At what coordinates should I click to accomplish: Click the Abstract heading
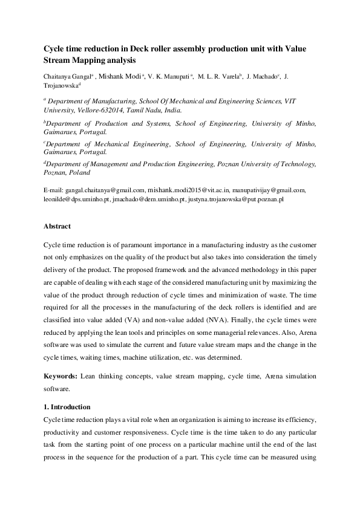coord(57,226)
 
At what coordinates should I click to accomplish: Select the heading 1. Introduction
coord(67,407)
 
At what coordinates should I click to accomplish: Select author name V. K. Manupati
coord(169,77)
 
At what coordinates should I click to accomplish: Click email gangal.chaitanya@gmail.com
coord(100,190)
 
